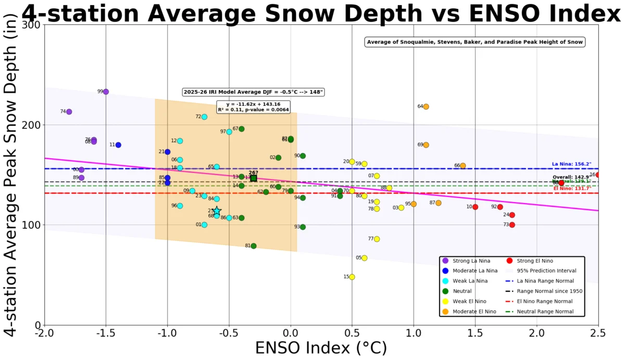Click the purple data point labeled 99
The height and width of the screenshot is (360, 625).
pyautogui.click(x=106, y=92)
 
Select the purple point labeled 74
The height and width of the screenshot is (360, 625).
pyautogui.click(x=69, y=111)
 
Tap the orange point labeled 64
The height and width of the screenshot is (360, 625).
pyautogui.click(x=426, y=107)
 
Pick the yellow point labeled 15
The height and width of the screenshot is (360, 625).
pyautogui.click(x=352, y=277)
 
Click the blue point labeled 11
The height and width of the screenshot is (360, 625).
pyautogui.click(x=118, y=145)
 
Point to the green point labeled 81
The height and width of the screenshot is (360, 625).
pyautogui.click(x=254, y=246)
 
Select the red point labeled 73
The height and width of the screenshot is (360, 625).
pyautogui.click(x=512, y=225)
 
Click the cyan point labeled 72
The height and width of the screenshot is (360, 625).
pyautogui.click(x=204, y=117)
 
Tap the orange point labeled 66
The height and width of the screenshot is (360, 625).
pyautogui.click(x=463, y=166)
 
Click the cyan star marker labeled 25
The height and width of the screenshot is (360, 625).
pyautogui.click(x=217, y=211)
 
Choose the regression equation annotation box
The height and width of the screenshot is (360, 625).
pyautogui.click(x=255, y=106)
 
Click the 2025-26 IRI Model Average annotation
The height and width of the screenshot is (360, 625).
pyautogui.click(x=254, y=92)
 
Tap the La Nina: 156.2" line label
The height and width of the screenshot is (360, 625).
pyautogui.click(x=571, y=164)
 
